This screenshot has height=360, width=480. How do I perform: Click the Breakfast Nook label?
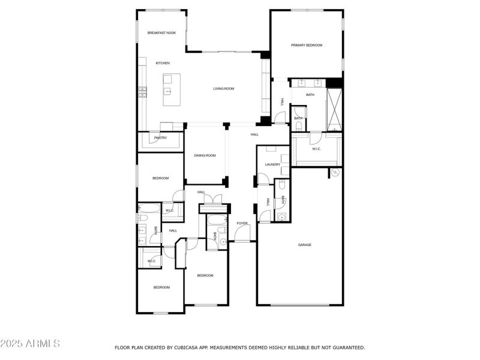click(x=161, y=33)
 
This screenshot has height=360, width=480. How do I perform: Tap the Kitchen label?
click(x=163, y=63)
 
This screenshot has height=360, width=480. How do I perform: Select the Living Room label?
click(x=223, y=89)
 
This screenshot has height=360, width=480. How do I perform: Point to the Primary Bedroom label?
click(x=307, y=46)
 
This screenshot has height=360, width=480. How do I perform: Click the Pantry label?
click(x=160, y=138)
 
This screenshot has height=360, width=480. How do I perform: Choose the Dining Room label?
click(x=205, y=155)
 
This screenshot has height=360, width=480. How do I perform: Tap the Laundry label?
click(x=273, y=164)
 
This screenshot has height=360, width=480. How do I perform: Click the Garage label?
click(x=305, y=245)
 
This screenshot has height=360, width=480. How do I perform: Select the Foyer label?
click(x=242, y=223)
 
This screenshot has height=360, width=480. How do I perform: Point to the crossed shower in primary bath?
click(x=334, y=110)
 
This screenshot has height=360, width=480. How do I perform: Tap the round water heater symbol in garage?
click(x=335, y=173)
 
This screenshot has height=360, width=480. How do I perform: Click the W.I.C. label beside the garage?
click(x=316, y=149)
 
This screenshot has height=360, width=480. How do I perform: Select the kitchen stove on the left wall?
click(x=143, y=92)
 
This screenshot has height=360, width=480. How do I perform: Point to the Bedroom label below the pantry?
click(x=160, y=178)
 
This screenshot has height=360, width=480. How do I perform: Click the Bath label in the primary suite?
click(x=310, y=95)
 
